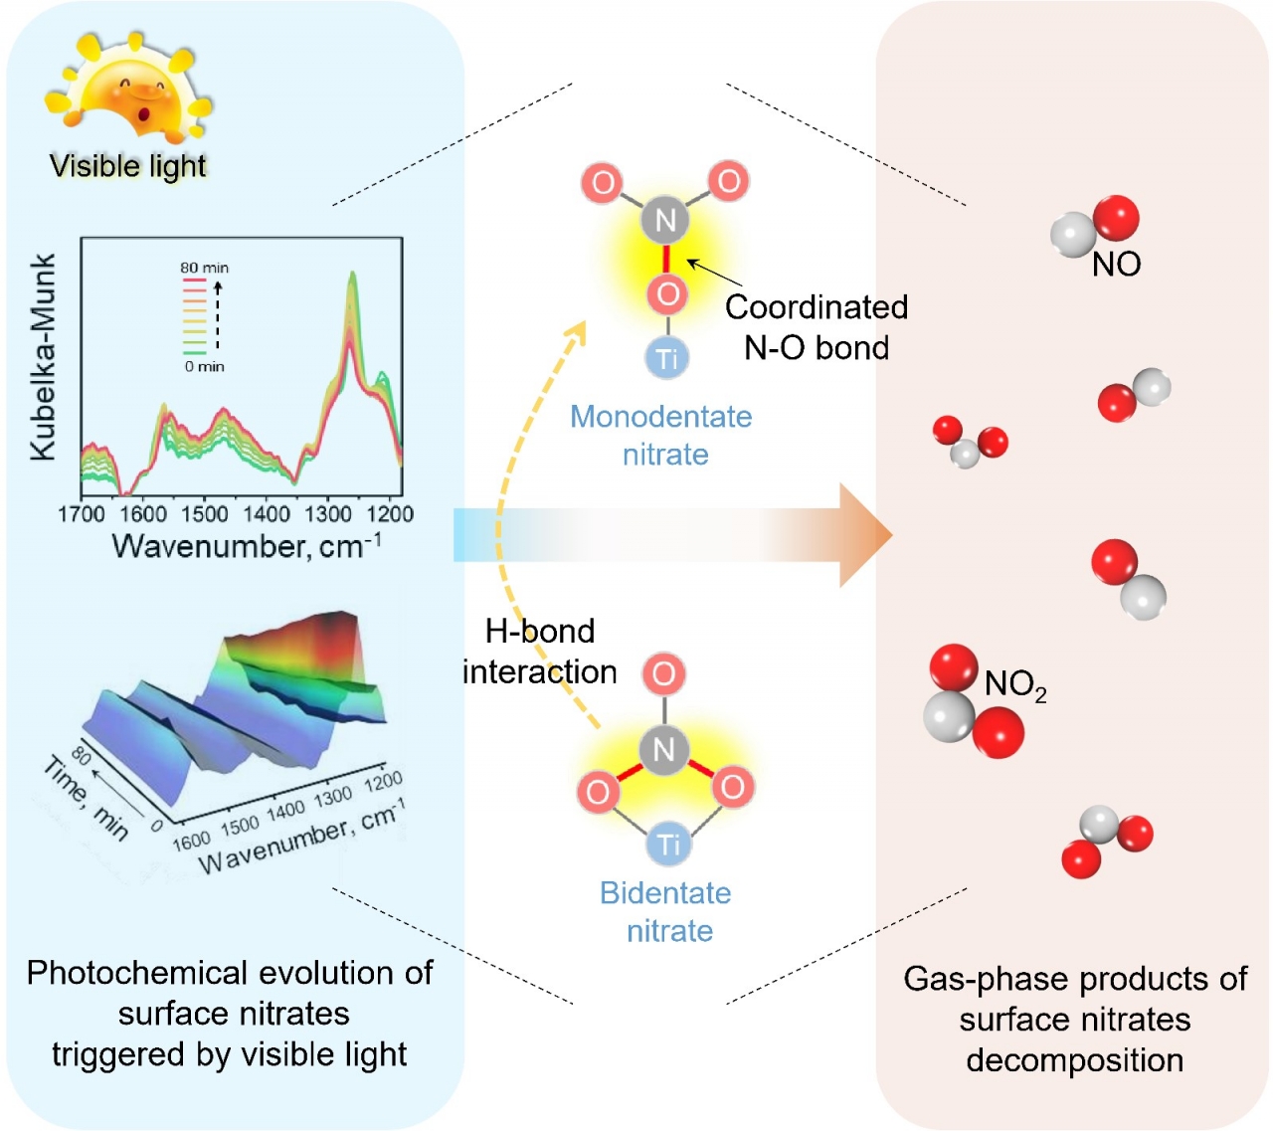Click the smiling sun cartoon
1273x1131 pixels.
[x=129, y=90]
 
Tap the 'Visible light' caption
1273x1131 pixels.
[x=128, y=166]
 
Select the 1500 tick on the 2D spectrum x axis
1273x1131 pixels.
[x=205, y=514]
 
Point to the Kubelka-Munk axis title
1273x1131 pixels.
[x=43, y=358]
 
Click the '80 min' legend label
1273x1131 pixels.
[x=204, y=268]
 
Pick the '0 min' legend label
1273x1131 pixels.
[x=204, y=367]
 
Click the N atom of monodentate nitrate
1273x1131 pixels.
[x=665, y=220]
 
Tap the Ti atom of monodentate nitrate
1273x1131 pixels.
[x=667, y=358]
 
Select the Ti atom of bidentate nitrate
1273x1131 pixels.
[x=667, y=845]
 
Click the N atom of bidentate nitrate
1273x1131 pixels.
[x=663, y=749]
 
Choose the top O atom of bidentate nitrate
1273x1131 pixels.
[x=663, y=674]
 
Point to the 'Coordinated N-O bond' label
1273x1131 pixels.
[x=817, y=327]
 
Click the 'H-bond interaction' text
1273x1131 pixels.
[x=540, y=652]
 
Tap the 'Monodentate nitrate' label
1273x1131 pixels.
[x=662, y=435]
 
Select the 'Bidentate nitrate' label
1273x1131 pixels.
[x=666, y=911]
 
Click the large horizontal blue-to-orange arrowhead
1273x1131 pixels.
[x=863, y=535]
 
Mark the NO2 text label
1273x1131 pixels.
[x=1014, y=684]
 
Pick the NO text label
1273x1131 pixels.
[x=1116, y=265]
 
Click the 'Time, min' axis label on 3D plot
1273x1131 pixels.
[x=86, y=796]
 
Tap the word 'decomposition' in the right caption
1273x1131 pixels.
[x=1074, y=1060]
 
